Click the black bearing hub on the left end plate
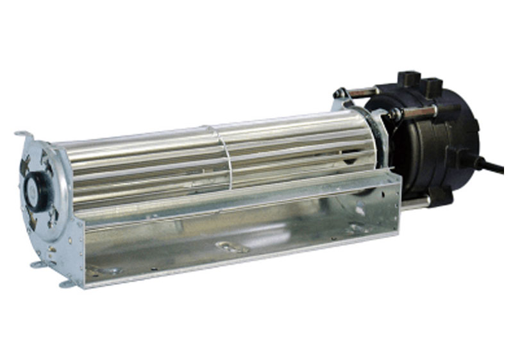[31, 185]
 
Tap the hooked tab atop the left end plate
[24, 136]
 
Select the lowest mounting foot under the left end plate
[67, 283]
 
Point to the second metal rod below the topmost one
[417, 112]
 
